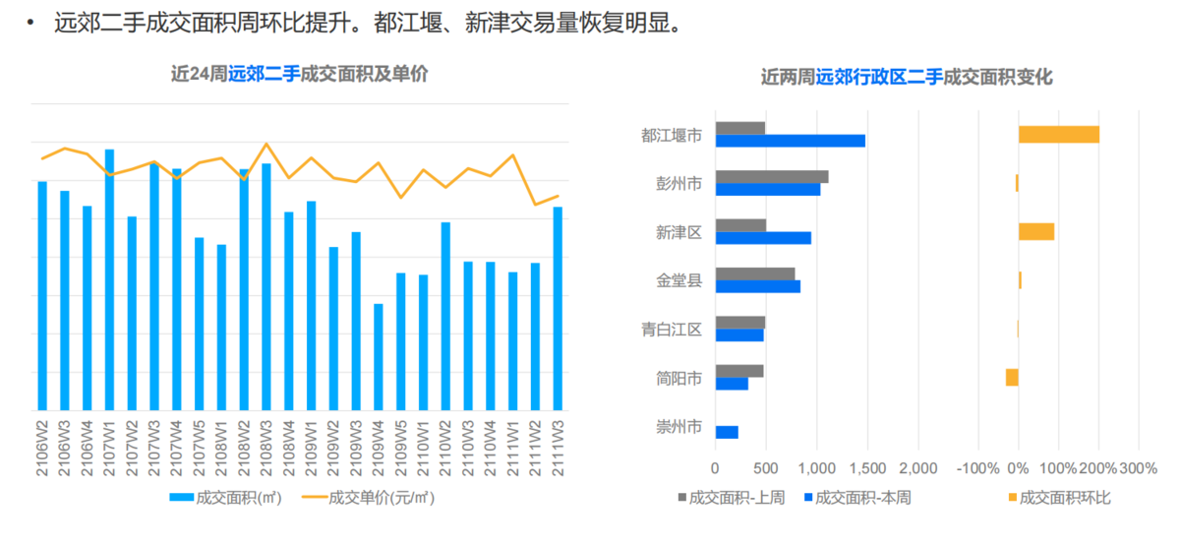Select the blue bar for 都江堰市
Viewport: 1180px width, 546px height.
coord(790,141)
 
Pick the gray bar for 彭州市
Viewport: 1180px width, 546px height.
coord(772,176)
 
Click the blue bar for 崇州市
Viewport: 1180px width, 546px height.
coord(727,432)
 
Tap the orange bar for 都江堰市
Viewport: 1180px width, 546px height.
coord(1059,135)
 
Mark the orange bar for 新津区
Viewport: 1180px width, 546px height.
coord(1036,231)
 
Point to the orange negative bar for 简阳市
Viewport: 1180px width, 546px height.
coord(1012,377)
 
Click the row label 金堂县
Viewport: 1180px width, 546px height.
coord(679,280)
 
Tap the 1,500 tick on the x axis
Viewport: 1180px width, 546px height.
coord(866,468)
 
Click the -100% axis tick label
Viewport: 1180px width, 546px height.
coord(977,468)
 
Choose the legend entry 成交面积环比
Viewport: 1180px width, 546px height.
coord(1057,498)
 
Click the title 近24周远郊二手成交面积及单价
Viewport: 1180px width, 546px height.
coord(299,74)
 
